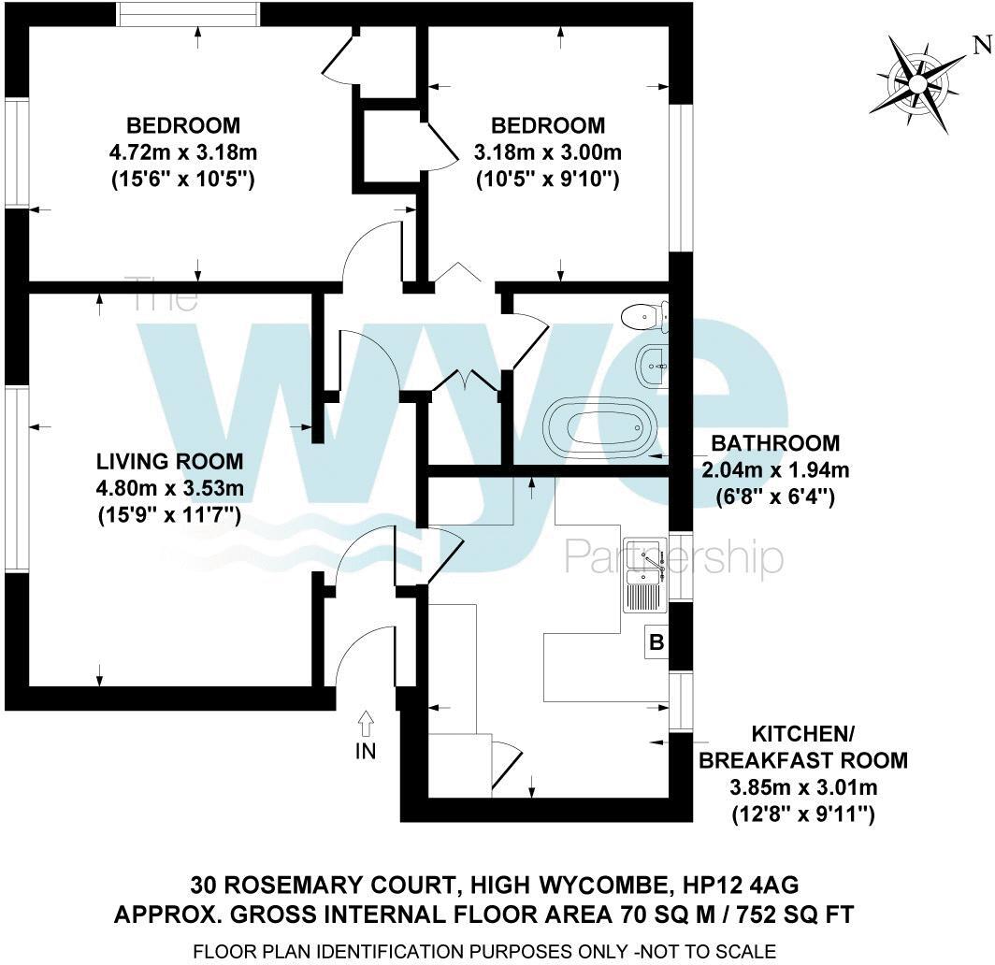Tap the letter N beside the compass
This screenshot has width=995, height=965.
coord(981,43)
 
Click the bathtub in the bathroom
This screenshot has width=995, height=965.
coord(596,424)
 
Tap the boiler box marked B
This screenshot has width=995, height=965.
coord(656,643)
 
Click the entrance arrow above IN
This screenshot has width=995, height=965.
coord(366,724)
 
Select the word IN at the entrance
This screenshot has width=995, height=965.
coord(366,751)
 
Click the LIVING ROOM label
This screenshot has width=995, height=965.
coord(170,461)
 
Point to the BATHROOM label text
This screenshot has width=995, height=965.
coord(775,443)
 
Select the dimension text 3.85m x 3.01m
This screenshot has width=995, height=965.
coord(802,787)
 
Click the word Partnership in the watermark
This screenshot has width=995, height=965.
coord(673,557)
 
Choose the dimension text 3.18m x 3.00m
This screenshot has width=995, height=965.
coord(549,152)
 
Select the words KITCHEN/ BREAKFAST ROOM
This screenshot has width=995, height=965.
coord(802,746)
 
